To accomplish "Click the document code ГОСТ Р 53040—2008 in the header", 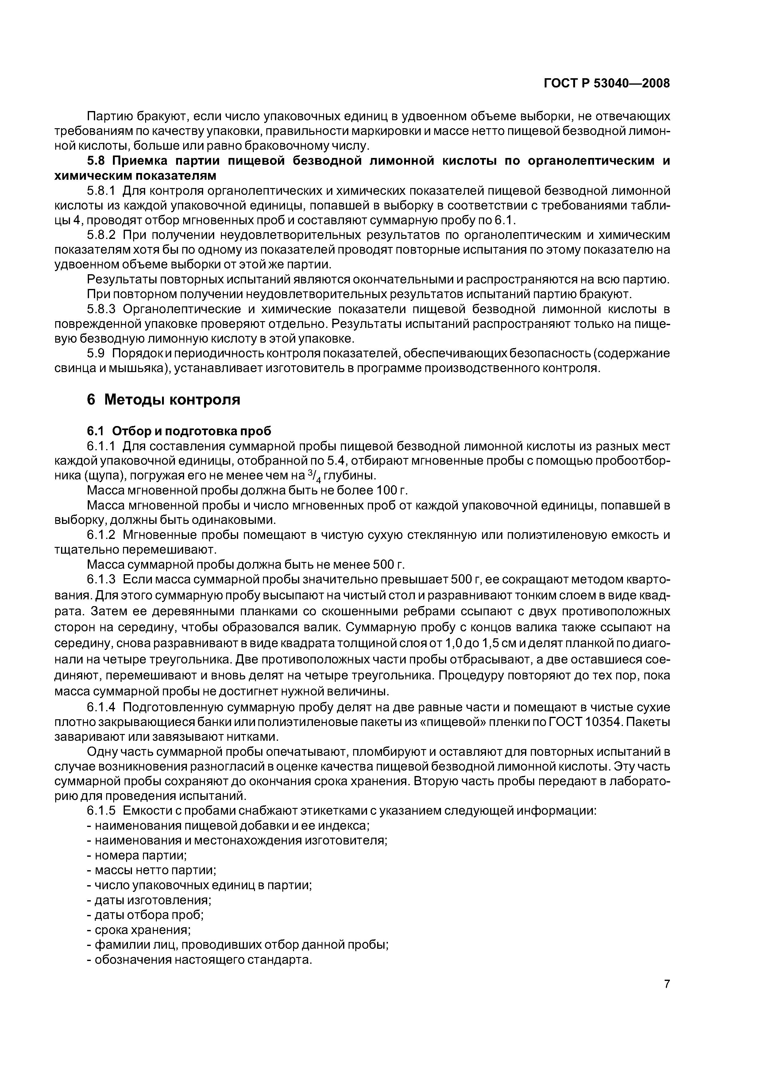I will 607,83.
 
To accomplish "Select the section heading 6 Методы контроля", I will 163,399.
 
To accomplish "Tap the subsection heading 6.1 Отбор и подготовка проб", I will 179,431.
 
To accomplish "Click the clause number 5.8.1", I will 101,191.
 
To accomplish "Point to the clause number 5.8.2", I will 101,235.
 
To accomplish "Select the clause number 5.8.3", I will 101,309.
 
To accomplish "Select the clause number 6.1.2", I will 101,535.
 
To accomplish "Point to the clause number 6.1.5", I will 101,810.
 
